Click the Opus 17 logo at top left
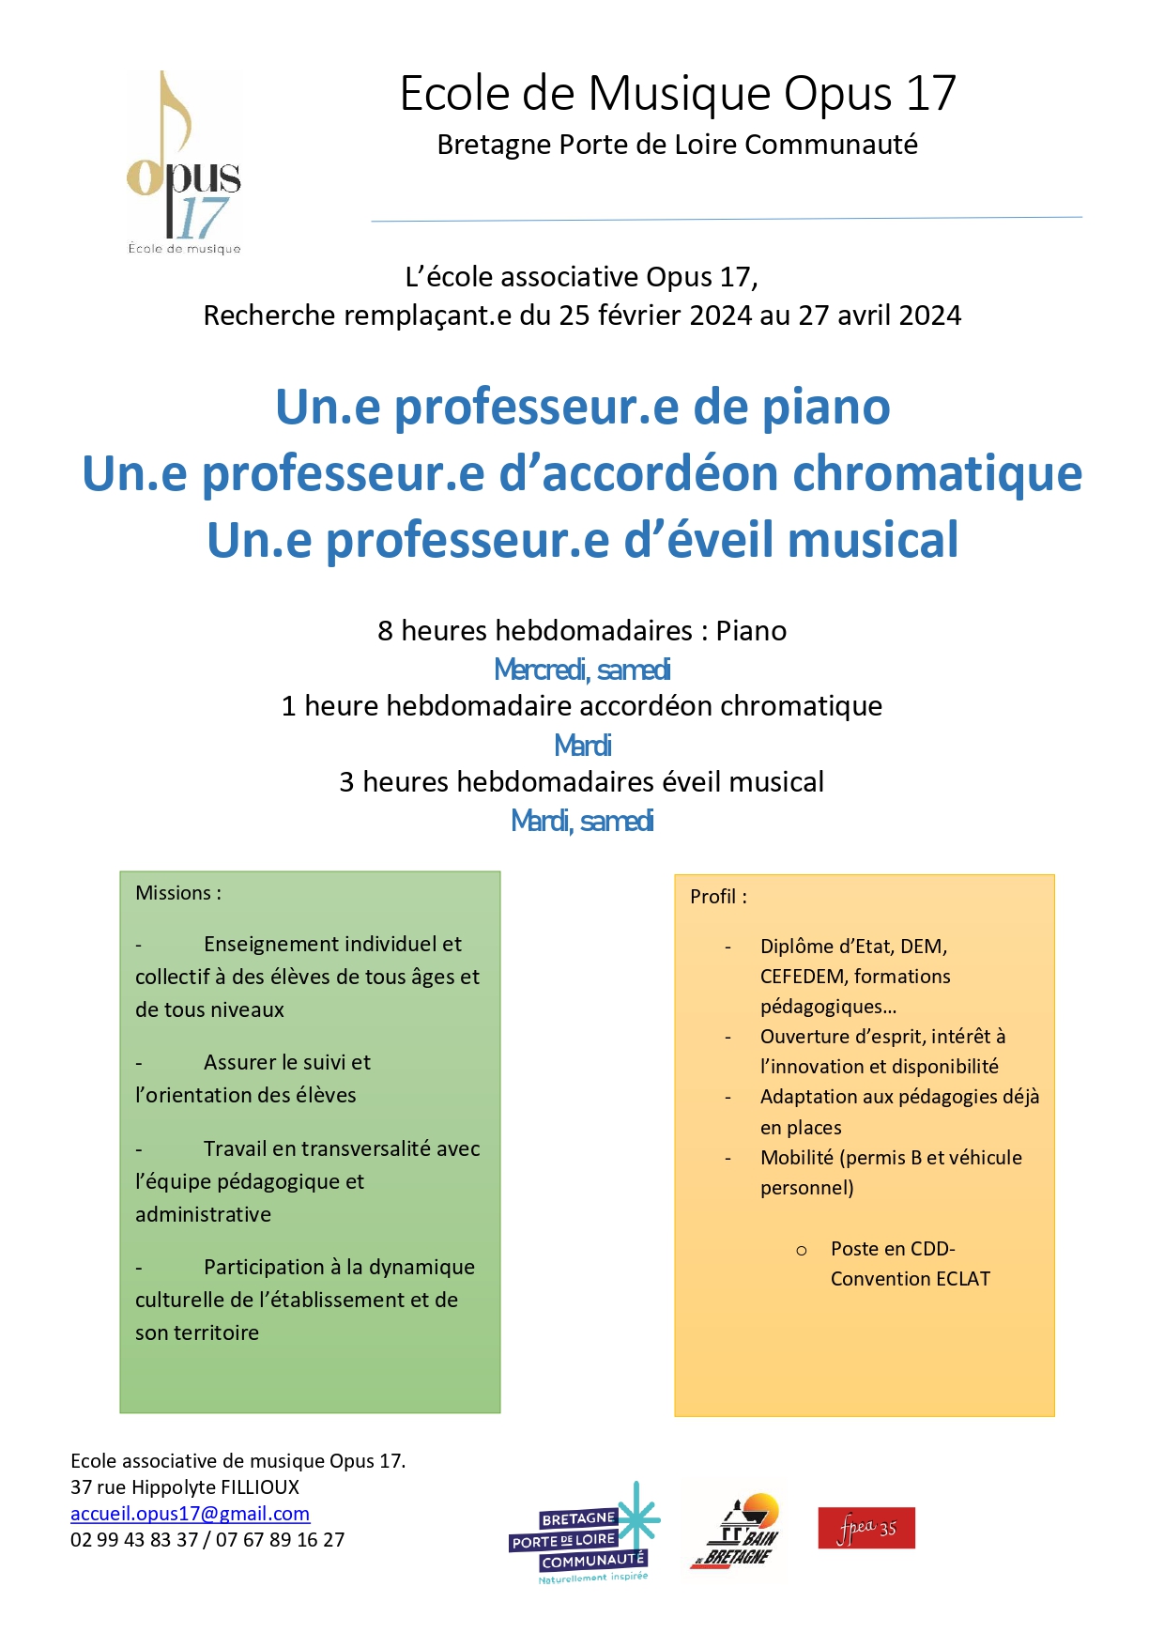(184, 162)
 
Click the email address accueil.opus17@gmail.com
(190, 1513)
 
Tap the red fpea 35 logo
(865, 1528)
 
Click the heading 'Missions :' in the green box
(178, 893)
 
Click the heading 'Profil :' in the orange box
(718, 897)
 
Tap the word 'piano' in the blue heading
(826, 408)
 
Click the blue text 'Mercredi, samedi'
(582, 670)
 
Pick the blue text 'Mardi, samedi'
(582, 821)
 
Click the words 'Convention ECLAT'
(910, 1279)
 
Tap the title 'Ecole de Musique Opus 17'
(678, 94)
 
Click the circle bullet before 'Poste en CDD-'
(801, 1251)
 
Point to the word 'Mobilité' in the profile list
(796, 1158)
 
